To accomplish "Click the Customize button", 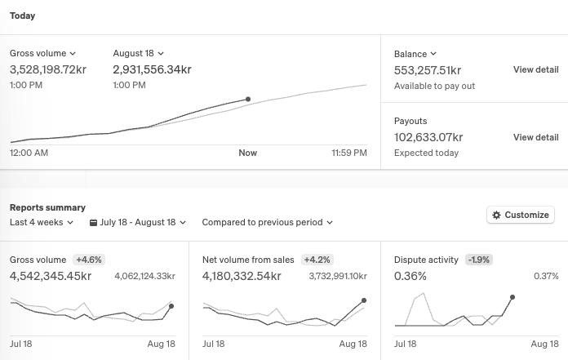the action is (521, 215).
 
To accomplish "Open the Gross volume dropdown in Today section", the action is (42, 53).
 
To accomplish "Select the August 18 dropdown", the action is (139, 53).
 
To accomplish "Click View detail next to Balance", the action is (535, 69).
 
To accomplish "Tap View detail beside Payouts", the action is (535, 137).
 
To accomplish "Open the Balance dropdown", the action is (415, 54).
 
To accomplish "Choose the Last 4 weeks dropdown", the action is (42, 222).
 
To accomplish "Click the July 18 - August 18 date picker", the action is (138, 222).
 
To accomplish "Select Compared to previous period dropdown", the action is (268, 222).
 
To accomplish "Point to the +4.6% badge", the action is (89, 260).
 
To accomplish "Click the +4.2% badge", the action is (317, 260).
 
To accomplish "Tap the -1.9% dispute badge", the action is (478, 260).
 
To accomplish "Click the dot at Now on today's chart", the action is (248, 99).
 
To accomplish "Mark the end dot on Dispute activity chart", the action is (513, 297).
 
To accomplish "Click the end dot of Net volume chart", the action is (364, 300).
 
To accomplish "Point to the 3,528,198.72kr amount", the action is (48, 69).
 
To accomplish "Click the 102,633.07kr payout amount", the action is (428, 137).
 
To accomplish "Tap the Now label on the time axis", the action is (248, 153).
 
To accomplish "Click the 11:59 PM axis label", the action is (349, 153).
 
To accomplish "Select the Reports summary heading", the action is (47, 207).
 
